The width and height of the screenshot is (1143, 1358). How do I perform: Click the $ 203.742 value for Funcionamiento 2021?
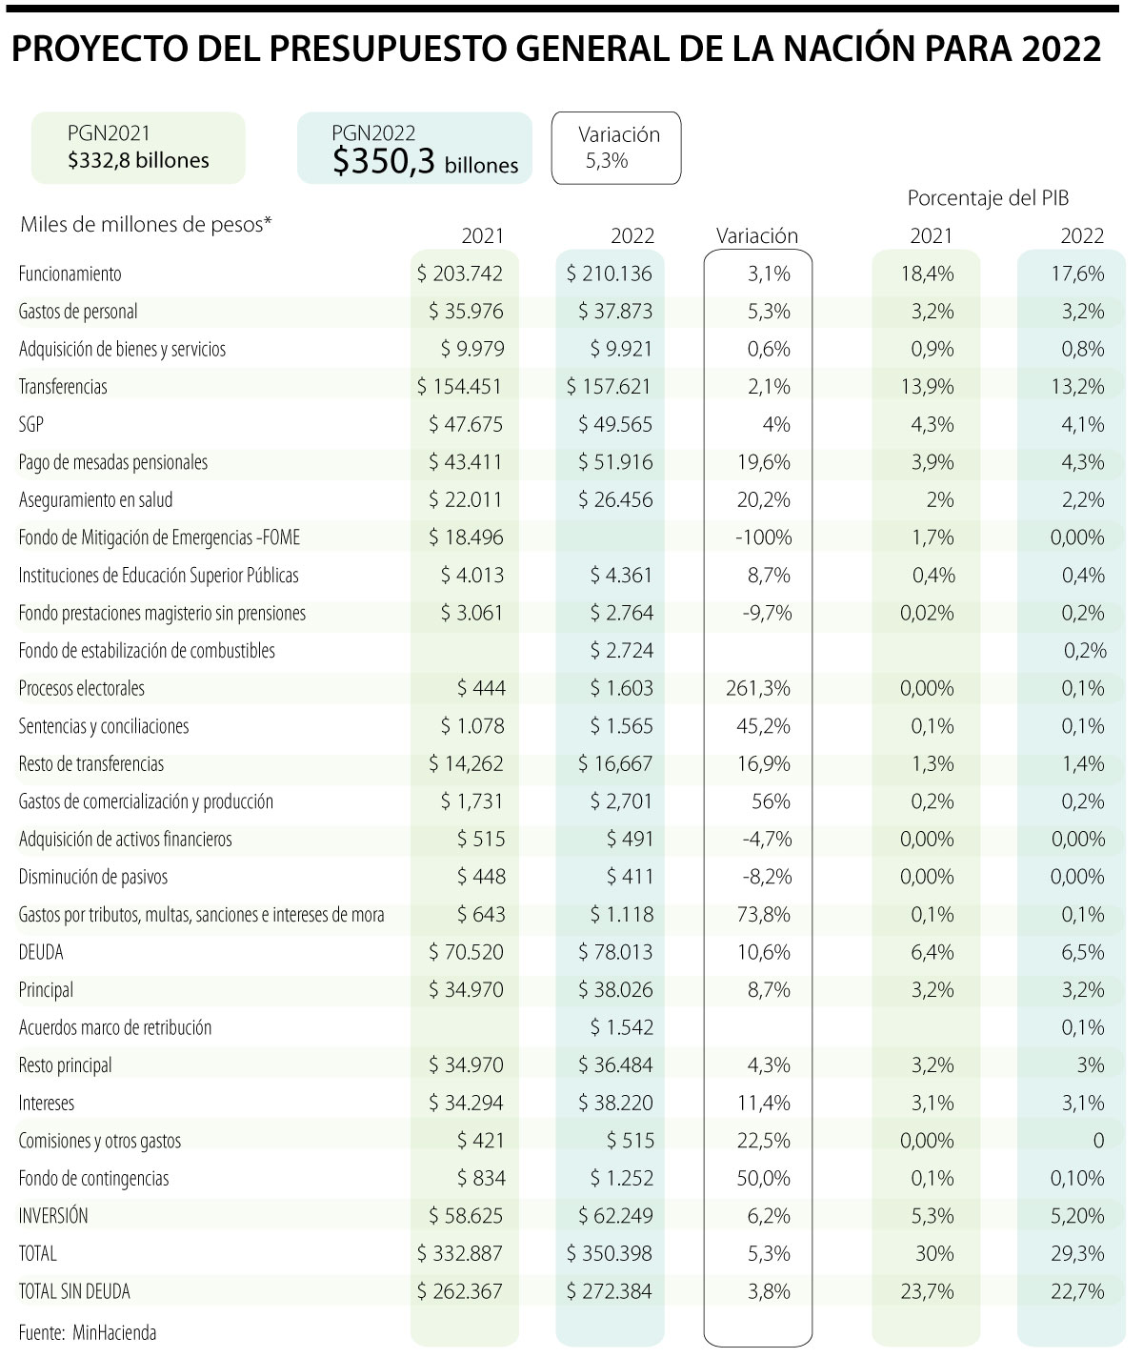(460, 274)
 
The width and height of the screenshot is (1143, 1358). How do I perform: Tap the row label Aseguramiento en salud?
(95, 500)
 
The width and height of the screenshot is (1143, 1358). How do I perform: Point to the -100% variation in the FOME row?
(763, 537)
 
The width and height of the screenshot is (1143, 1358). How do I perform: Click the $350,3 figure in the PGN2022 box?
(384, 162)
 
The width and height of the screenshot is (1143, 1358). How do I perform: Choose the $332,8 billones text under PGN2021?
(138, 160)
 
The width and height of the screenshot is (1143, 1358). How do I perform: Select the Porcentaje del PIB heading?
(988, 199)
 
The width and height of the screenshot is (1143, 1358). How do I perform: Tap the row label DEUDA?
(41, 952)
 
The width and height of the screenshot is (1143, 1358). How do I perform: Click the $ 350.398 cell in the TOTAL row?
(610, 1254)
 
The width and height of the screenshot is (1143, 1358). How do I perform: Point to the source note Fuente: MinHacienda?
(87, 1332)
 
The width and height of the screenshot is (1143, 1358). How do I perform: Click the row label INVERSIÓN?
(53, 1216)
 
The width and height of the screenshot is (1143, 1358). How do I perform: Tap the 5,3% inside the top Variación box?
(607, 161)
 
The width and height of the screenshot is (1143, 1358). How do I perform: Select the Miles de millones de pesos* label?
(146, 224)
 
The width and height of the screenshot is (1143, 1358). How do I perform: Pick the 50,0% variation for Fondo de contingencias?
(762, 1179)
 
